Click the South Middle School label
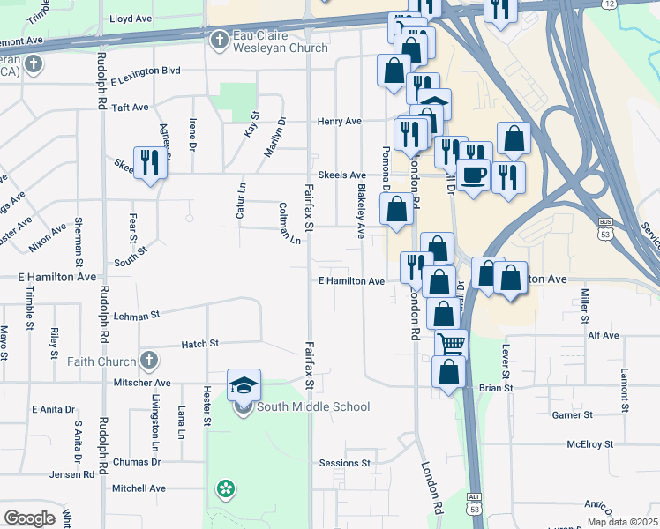(312, 406)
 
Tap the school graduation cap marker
(244, 385)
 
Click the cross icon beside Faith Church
(148, 361)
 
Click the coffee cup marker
(474, 175)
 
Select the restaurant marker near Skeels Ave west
(149, 163)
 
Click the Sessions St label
(344, 463)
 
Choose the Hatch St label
(199, 344)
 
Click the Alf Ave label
(604, 336)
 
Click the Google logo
(30, 518)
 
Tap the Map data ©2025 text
(621, 522)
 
